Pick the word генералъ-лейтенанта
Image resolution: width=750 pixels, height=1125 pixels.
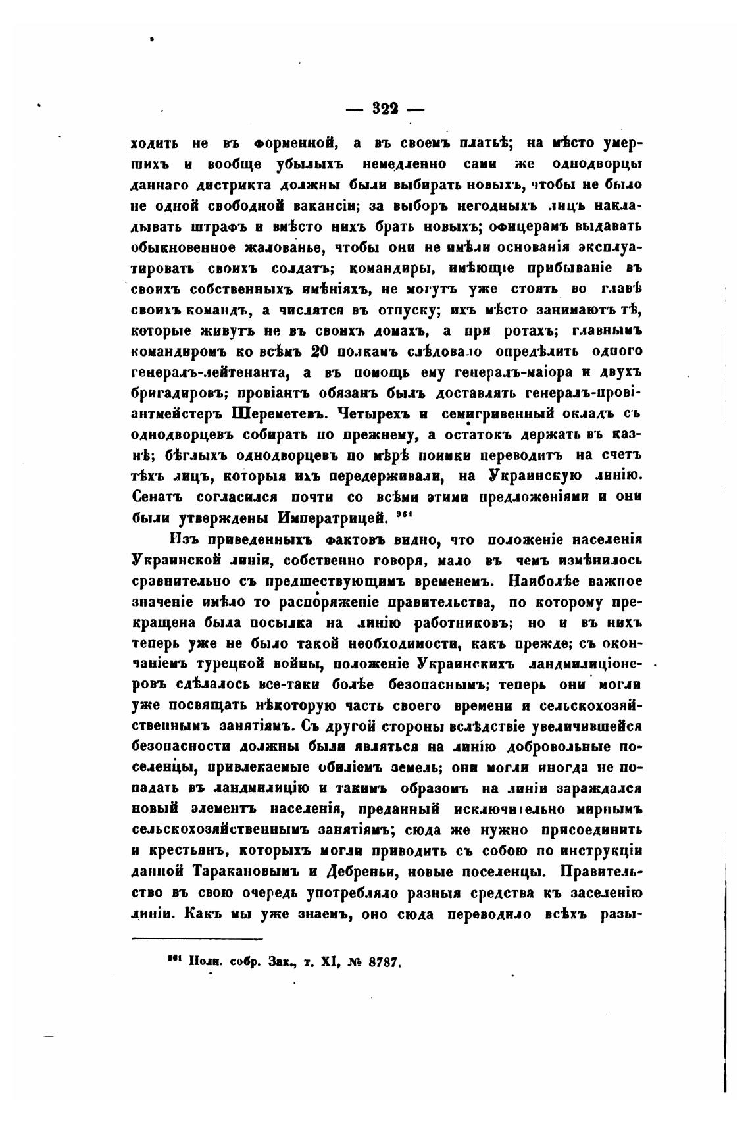click(x=210, y=372)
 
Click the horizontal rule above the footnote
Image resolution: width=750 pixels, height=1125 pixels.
click(x=197, y=938)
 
